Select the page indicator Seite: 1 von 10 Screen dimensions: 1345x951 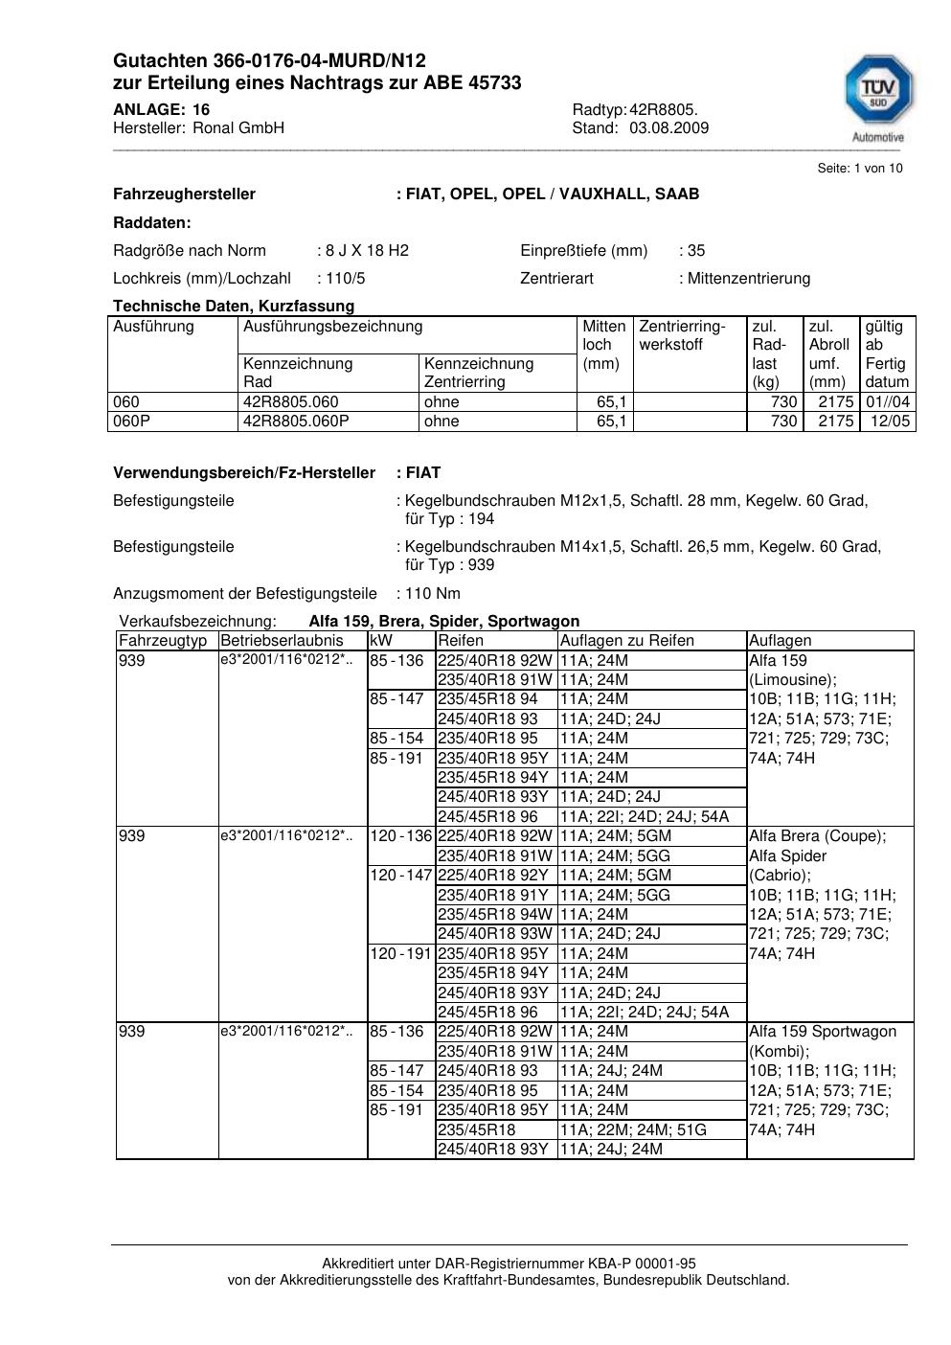click(x=859, y=169)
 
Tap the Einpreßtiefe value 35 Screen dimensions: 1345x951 click(x=696, y=251)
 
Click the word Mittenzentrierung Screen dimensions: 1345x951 click(x=748, y=279)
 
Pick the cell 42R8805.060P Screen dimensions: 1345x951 click(x=296, y=422)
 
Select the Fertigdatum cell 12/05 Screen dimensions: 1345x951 click(x=890, y=422)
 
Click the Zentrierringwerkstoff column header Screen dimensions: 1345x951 click(x=682, y=335)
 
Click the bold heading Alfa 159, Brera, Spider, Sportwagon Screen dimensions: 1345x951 click(x=443, y=622)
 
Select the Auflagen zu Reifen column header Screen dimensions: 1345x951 click(x=626, y=641)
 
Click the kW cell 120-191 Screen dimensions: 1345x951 click(x=401, y=954)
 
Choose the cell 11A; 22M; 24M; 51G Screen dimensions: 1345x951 click(x=633, y=1130)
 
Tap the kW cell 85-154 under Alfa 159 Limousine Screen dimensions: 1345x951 click(x=396, y=739)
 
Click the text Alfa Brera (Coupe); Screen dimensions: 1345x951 click(x=817, y=836)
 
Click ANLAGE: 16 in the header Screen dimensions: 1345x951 click(x=161, y=109)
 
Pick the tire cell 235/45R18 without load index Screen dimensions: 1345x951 click(x=476, y=1130)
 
